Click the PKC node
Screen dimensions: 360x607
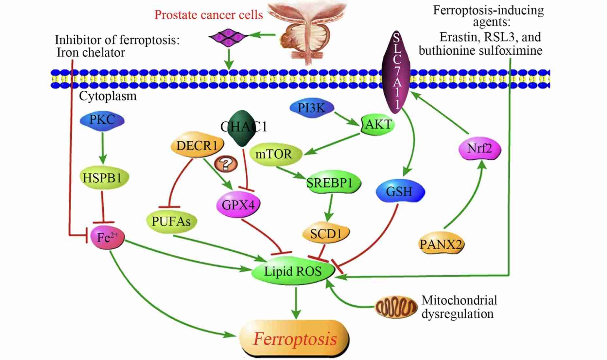(x=102, y=120)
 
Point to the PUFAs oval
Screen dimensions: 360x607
(x=171, y=222)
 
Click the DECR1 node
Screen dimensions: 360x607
(x=197, y=146)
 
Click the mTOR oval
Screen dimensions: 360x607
(x=274, y=154)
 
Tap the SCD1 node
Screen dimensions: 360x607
(x=326, y=234)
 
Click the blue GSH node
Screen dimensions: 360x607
(x=399, y=191)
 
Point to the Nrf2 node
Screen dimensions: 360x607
(x=479, y=149)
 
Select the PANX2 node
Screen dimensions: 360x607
(x=441, y=244)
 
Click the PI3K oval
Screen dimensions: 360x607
(x=312, y=108)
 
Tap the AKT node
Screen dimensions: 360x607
(x=378, y=124)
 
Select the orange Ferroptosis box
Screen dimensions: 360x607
(x=295, y=339)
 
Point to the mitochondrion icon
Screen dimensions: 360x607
(x=396, y=307)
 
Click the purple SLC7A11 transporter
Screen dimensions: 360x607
(x=396, y=72)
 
